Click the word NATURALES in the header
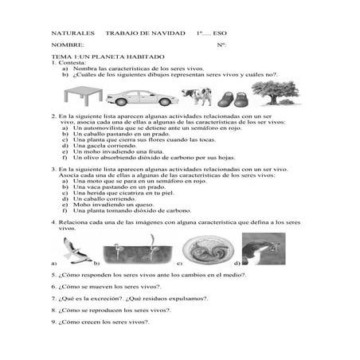point(69,34)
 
